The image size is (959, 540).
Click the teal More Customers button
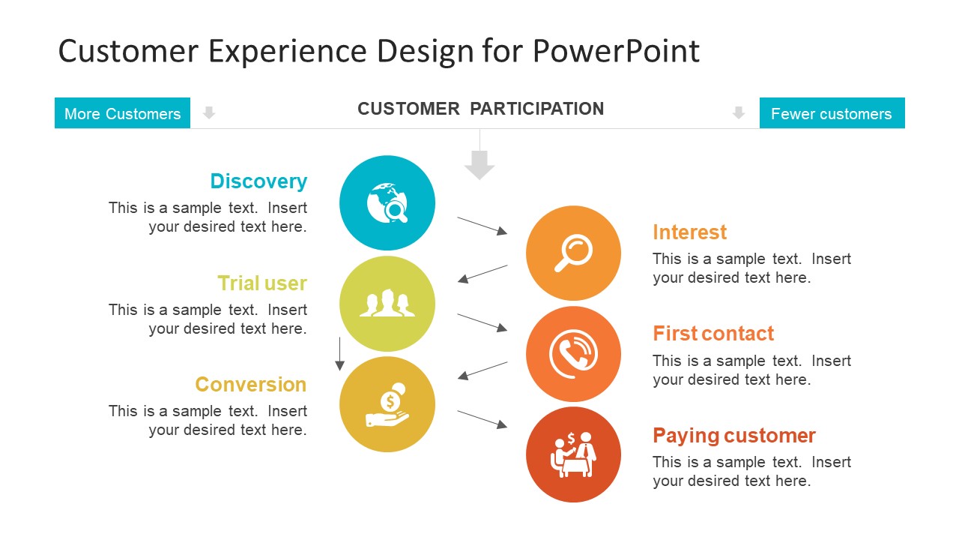pyautogui.click(x=122, y=113)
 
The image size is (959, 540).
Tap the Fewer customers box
pyautogui.click(x=832, y=113)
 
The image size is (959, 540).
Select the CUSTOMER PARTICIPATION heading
pyautogui.click(x=480, y=109)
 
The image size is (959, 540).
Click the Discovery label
pyautogui.click(x=258, y=181)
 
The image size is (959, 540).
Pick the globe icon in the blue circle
pyautogui.click(x=387, y=203)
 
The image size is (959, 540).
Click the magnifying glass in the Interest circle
pyautogui.click(x=573, y=253)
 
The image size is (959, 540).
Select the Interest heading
pyautogui.click(x=689, y=232)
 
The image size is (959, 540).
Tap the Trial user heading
pyautogui.click(x=262, y=283)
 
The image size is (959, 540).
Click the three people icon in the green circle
pyautogui.click(x=387, y=304)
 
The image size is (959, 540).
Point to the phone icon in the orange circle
pyautogui.click(x=573, y=354)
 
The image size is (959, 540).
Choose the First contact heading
pyautogui.click(x=713, y=334)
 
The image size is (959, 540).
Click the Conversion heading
pyautogui.click(x=251, y=385)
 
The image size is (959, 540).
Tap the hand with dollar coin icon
pyautogui.click(x=387, y=405)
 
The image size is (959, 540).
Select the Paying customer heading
pyautogui.click(x=733, y=436)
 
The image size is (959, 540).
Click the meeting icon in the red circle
pyautogui.click(x=573, y=454)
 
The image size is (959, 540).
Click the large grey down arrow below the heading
pyautogui.click(x=479, y=164)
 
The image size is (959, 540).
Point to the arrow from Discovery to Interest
pyautogui.click(x=482, y=226)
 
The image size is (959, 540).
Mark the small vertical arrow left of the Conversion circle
pyautogui.click(x=339, y=354)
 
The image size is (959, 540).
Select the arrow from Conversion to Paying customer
pyautogui.click(x=482, y=419)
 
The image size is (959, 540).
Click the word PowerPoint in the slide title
pyautogui.click(x=616, y=51)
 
